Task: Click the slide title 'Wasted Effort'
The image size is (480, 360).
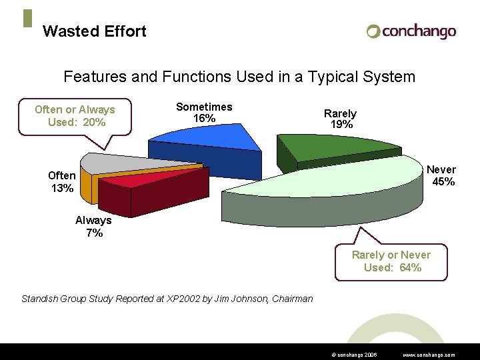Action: point(94,31)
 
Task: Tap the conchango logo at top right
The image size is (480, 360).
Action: point(411,31)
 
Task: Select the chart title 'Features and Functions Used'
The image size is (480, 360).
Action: point(239,77)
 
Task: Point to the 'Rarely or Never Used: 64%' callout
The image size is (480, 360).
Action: point(391,261)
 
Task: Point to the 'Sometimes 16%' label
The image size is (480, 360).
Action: point(204,113)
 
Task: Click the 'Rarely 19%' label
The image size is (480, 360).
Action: point(340,119)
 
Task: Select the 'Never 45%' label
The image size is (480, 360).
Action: point(441,176)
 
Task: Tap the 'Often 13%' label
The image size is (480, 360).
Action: point(61,182)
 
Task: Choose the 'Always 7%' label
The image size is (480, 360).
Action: point(93,227)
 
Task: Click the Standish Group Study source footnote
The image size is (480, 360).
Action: point(167,299)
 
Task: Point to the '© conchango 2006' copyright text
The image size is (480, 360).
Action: point(353,355)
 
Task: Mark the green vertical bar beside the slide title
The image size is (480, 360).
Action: point(27,19)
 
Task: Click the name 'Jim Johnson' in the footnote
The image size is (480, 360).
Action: point(241,299)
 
